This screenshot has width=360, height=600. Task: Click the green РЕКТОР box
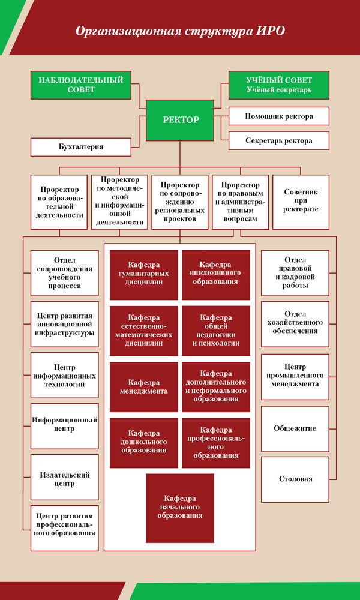click(x=180, y=120)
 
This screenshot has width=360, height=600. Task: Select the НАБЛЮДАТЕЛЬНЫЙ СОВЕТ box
click(x=81, y=85)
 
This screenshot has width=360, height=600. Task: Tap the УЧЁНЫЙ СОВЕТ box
click(x=279, y=85)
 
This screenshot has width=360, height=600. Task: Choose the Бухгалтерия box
click(x=81, y=147)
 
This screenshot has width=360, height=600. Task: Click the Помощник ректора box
click(x=279, y=116)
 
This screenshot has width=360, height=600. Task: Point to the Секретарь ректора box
click(x=279, y=140)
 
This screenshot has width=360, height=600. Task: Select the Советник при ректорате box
click(x=301, y=202)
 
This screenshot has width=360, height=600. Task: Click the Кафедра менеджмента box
click(x=144, y=387)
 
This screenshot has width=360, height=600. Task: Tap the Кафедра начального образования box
click(x=180, y=508)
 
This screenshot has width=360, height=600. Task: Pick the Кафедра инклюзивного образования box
click(x=216, y=275)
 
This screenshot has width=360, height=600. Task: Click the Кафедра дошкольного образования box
click(x=144, y=443)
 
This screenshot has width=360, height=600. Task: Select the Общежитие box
click(x=295, y=428)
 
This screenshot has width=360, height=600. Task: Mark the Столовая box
click(x=295, y=479)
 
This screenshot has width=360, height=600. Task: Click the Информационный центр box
click(x=65, y=426)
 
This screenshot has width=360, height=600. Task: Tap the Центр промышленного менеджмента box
click(x=295, y=377)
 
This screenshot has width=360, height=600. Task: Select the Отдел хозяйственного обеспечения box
click(x=295, y=324)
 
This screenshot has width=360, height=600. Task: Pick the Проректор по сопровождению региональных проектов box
click(x=180, y=202)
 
